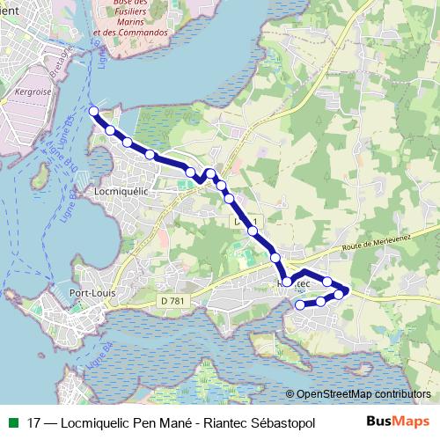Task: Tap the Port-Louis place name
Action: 92,293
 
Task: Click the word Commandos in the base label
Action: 146,33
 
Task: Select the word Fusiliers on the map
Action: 139,11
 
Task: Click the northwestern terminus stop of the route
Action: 94,111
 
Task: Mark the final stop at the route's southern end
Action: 300,305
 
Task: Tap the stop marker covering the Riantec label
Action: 287,282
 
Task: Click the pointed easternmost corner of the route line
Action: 348,290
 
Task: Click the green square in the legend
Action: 11,422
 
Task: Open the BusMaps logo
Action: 398,421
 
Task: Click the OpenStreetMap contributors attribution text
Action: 363,394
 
